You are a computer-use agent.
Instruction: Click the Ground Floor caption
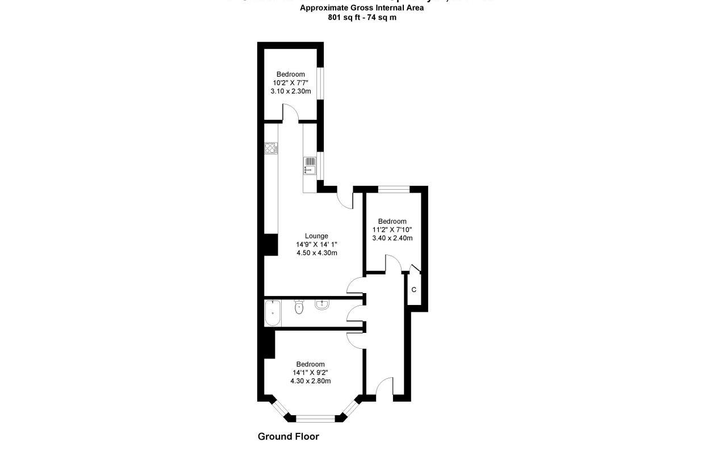click(288, 436)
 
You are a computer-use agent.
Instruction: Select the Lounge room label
click(316, 236)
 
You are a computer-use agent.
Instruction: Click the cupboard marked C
click(414, 290)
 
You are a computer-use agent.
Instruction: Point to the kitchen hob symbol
click(270, 148)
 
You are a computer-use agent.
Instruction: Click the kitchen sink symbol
click(310, 165)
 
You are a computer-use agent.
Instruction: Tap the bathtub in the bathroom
click(273, 312)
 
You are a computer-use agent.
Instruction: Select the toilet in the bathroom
click(299, 307)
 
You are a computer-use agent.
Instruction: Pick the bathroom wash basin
click(322, 304)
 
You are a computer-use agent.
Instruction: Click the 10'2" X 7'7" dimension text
click(290, 82)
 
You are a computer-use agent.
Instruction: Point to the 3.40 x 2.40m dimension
click(392, 238)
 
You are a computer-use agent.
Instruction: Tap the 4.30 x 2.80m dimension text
click(310, 381)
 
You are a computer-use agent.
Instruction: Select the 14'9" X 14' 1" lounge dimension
click(316, 244)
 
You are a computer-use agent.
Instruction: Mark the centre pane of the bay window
click(315, 419)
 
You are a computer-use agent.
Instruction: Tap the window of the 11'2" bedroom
click(394, 189)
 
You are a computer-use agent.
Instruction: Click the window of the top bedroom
click(320, 83)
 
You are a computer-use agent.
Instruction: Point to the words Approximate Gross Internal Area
click(362, 8)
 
